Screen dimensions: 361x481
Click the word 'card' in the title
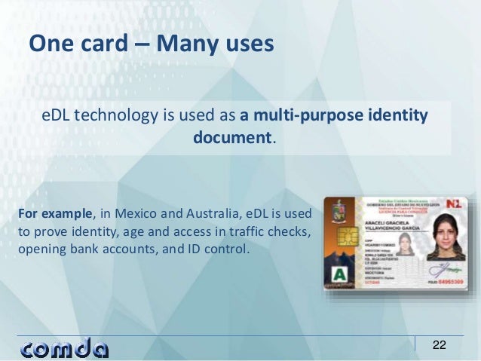tap(102, 44)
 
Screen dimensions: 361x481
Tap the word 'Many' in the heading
tap(185, 44)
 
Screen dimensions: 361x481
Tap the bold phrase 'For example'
tap(52, 215)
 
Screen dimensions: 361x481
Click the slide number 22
tap(439, 345)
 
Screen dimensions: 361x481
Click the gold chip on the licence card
tap(340, 242)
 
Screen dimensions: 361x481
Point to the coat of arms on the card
tap(340, 210)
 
